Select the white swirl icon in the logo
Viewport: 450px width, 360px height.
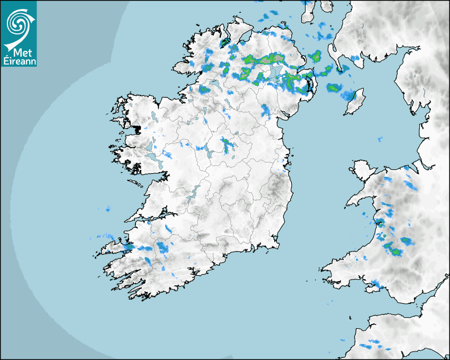pyautogui.click(x=17, y=23)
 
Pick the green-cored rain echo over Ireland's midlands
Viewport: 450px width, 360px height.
pyautogui.click(x=229, y=144)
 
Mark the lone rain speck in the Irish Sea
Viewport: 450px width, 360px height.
pyautogui.click(x=380, y=139)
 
